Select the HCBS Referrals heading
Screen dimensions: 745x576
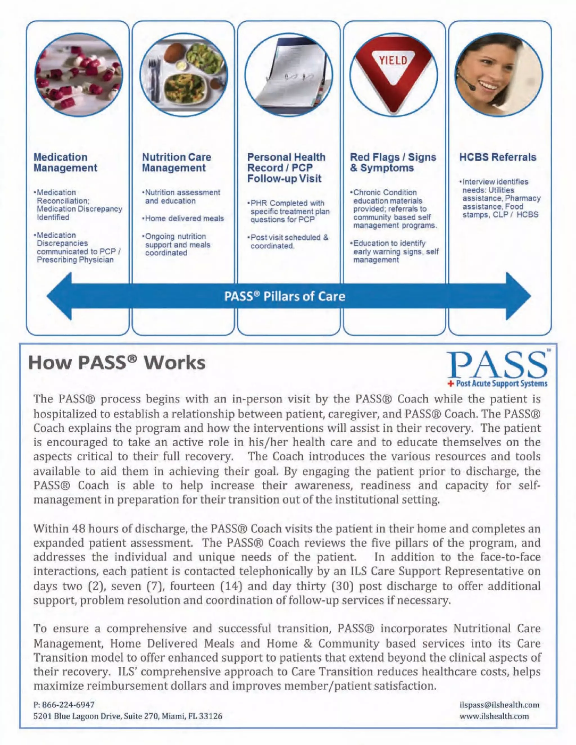click(498, 157)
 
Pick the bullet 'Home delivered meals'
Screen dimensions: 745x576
click(184, 219)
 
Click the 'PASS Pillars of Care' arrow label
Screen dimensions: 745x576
click(285, 296)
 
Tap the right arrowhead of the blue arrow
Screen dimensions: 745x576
click(517, 296)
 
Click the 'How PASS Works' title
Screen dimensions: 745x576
click(117, 363)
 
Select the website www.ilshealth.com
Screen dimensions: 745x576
click(494, 716)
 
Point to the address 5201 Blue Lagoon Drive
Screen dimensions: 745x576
click(128, 716)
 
